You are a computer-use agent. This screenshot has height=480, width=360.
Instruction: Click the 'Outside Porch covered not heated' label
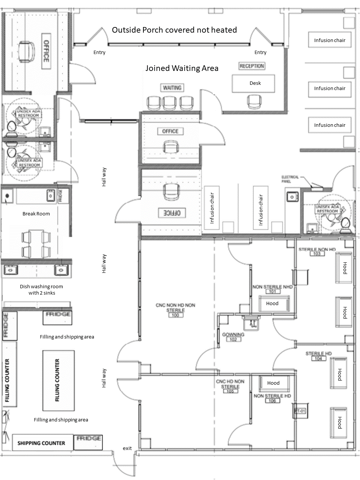[x=174, y=30]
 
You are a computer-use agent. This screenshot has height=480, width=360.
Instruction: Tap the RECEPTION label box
[x=252, y=66]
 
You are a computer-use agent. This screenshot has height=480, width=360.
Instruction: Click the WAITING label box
[x=172, y=88]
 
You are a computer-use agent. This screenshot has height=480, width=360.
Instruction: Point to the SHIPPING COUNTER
[x=41, y=443]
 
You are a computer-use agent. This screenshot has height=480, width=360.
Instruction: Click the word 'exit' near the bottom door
[x=127, y=448]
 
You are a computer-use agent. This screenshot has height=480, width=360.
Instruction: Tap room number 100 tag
[x=175, y=315]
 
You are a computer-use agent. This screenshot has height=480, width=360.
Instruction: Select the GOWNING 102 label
[x=233, y=337]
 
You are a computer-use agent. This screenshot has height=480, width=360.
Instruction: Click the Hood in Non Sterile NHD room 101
[x=273, y=303]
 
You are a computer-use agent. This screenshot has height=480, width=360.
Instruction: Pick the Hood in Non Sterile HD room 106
[x=273, y=383]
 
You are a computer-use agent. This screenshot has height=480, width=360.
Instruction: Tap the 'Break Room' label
[x=36, y=214]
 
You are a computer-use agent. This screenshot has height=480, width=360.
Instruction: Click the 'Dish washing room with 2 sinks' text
[x=41, y=289]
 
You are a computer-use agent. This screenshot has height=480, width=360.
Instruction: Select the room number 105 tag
[x=230, y=391]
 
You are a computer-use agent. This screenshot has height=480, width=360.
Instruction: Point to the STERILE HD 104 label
[x=319, y=356]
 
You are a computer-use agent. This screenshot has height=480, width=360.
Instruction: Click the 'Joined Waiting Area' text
[x=182, y=68]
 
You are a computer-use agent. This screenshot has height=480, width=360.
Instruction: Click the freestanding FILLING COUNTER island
[x=58, y=380]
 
